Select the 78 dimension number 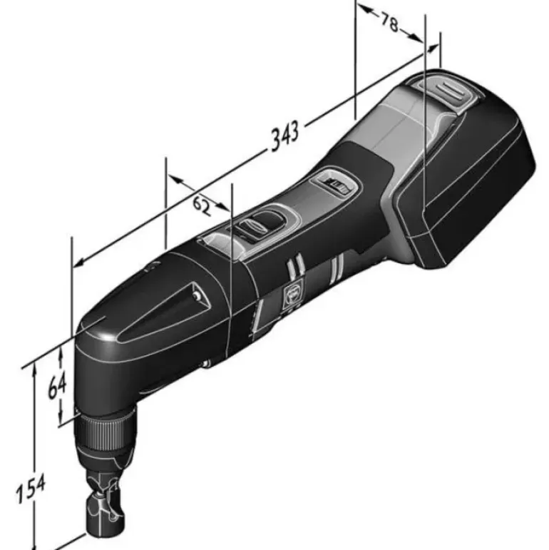389,23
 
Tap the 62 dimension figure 202,206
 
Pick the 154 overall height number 31,489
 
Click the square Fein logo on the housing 290,296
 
